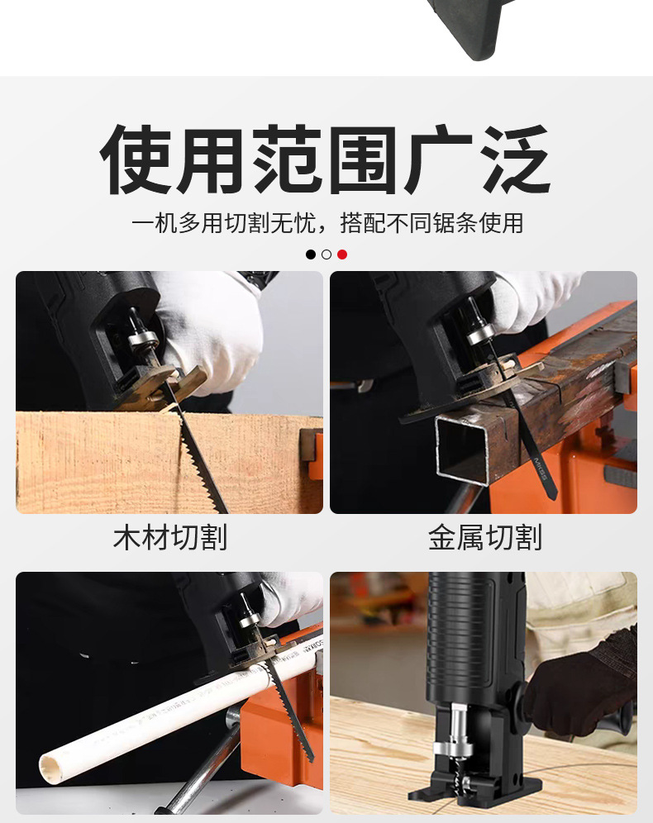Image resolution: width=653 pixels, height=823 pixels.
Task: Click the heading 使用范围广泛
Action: [326, 159]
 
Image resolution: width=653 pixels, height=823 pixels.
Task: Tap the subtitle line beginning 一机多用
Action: [327, 223]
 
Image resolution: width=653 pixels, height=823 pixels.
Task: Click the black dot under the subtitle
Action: [311, 255]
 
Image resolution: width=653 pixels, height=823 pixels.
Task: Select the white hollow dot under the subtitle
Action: [326, 255]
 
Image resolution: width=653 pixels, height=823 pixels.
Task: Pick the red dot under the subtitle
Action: [342, 255]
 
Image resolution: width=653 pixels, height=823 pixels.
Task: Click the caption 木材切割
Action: [170, 538]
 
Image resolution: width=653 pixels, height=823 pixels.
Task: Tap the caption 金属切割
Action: [485, 538]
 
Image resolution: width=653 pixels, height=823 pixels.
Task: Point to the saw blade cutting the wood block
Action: [202, 462]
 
